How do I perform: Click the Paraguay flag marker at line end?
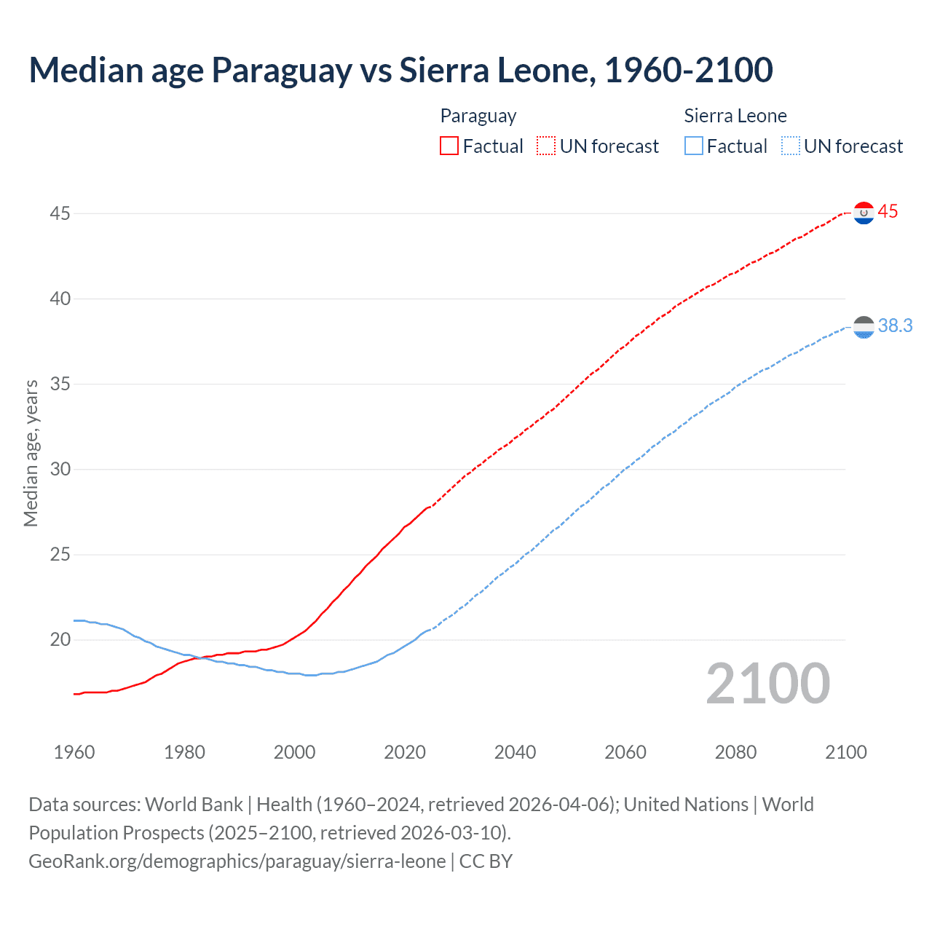pos(864,213)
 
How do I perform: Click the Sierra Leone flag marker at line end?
pos(864,328)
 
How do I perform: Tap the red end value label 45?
pos(888,212)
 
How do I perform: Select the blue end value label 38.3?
pos(895,325)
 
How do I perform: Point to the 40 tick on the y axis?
pos(60,299)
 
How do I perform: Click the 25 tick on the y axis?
pos(60,555)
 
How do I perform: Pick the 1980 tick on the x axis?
pos(184,752)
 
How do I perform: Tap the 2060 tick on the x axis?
pos(625,752)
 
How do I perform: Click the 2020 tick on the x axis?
pos(405,752)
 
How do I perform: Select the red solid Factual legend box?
pos(449,146)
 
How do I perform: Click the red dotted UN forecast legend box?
pos(546,146)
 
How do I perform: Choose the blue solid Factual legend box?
pos(693,146)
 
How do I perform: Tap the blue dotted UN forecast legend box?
pos(790,146)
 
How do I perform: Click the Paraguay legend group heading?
pos(478,116)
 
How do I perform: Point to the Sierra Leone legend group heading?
pos(735,116)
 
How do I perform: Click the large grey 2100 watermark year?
pos(767,683)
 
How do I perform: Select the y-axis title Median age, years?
pos(31,453)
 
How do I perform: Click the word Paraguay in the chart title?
pos(282,70)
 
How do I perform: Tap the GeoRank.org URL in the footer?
pos(237,861)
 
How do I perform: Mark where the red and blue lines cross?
pos(199,657)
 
